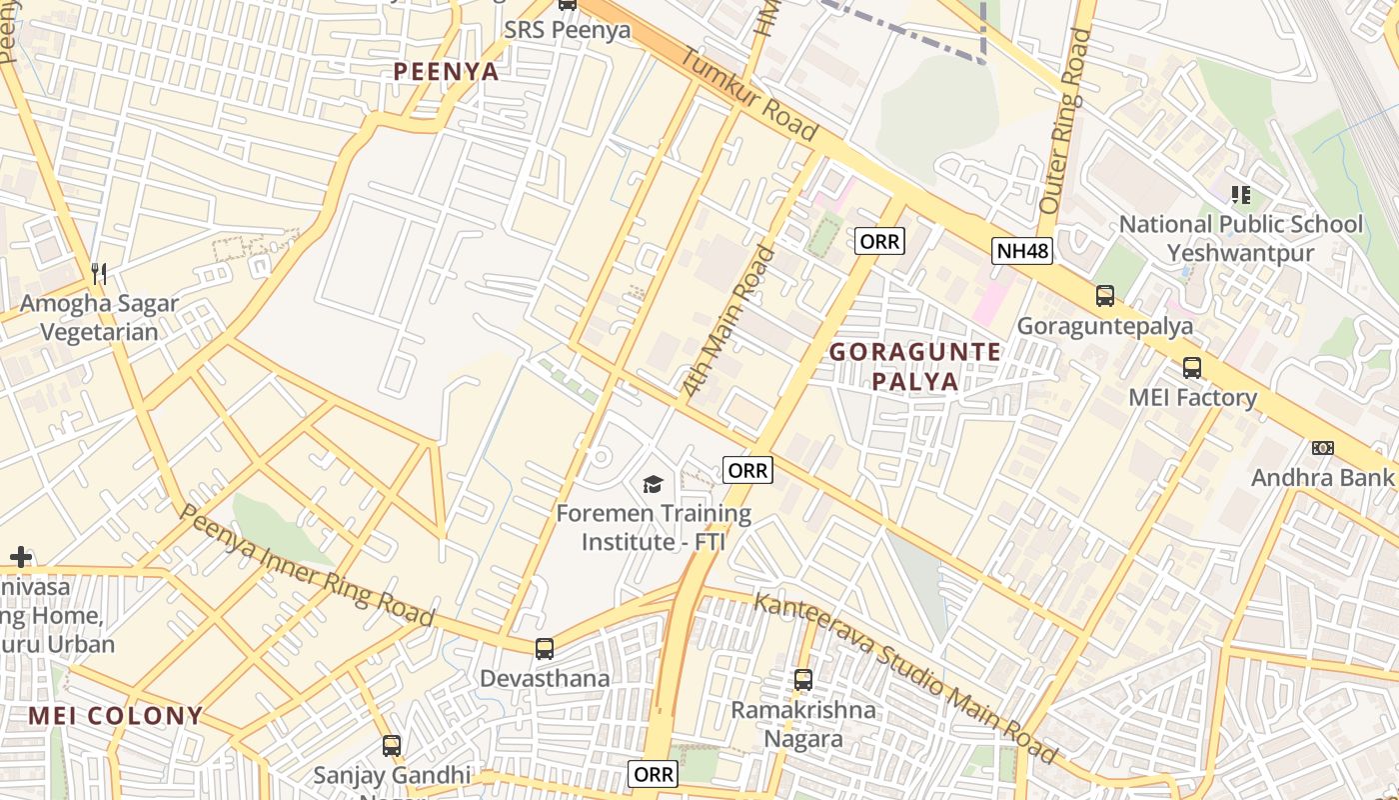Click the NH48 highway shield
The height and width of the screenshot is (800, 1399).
[1022, 250]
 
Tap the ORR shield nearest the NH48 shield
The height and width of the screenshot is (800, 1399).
[879, 241]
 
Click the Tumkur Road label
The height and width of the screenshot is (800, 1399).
[749, 95]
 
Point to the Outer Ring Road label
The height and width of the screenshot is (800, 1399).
[1063, 120]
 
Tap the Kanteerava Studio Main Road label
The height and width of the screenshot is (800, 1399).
[904, 676]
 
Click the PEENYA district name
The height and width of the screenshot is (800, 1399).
[446, 71]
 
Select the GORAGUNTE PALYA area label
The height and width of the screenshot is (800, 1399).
[914, 366]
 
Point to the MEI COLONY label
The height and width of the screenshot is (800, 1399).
[115, 716]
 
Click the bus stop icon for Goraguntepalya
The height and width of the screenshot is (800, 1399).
[1104, 296]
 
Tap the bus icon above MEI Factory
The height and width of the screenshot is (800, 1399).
[1192, 367]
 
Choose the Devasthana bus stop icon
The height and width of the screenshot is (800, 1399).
[544, 649]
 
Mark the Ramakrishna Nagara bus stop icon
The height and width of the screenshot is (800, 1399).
[802, 680]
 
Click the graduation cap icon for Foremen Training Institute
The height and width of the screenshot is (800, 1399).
[653, 485]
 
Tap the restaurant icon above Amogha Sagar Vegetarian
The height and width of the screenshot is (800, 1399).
[99, 272]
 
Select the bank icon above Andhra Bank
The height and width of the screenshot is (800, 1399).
[1322, 447]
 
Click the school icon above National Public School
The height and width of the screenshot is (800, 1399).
[1240, 194]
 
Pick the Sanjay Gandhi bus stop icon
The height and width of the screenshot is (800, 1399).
[392, 745]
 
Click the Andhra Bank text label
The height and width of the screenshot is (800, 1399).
[1321, 477]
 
